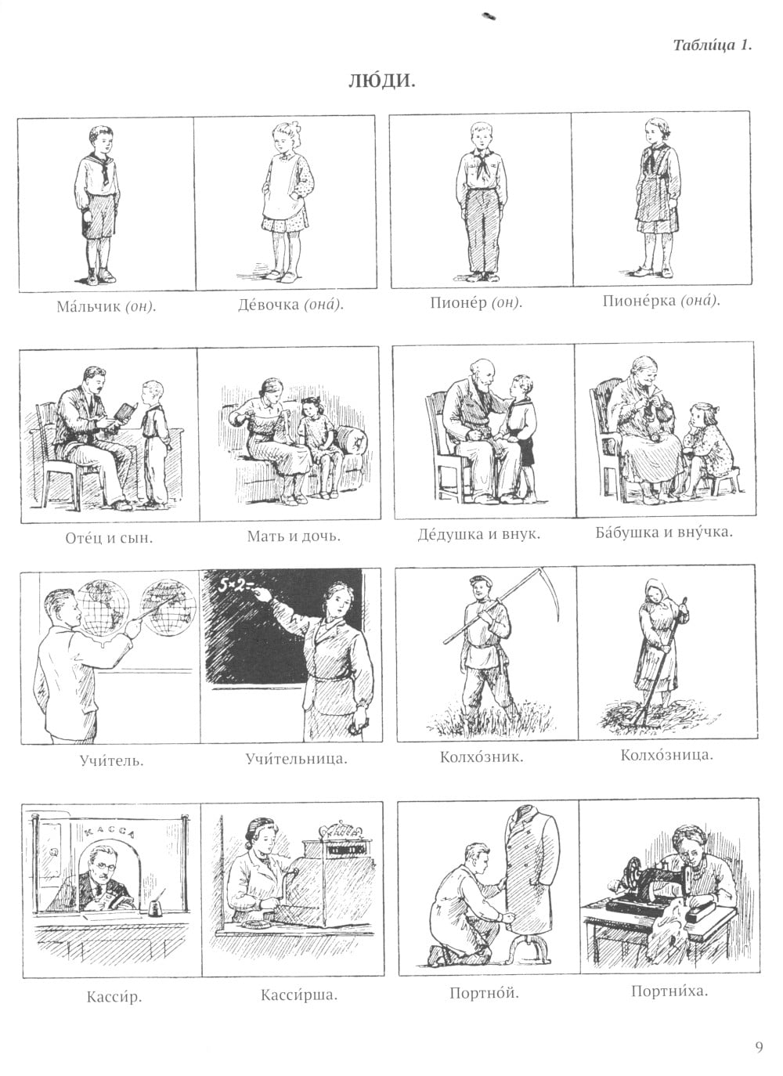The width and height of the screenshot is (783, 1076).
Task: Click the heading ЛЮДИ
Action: (382, 81)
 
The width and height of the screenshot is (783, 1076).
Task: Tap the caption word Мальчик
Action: (88, 306)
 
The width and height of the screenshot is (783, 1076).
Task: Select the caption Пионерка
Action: (640, 301)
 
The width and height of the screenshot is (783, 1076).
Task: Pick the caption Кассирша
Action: (299, 995)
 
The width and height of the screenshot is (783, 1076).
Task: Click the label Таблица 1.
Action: (712, 45)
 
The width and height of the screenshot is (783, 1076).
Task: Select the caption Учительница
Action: (297, 759)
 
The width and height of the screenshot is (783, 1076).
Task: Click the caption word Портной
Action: (484, 993)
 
